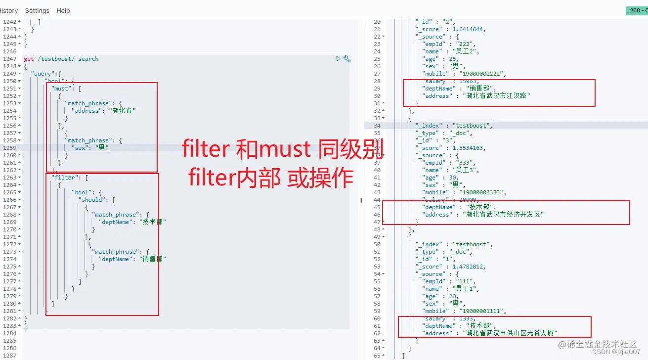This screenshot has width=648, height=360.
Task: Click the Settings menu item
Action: coord(37,10)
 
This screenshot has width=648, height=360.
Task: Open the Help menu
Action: coord(63,10)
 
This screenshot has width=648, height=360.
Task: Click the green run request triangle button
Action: coord(338,59)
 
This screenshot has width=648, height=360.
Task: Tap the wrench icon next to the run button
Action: coord(347,59)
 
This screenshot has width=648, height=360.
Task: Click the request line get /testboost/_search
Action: coord(61,59)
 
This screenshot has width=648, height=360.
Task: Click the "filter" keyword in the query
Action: coord(64,178)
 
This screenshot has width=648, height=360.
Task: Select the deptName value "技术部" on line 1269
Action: coord(153,222)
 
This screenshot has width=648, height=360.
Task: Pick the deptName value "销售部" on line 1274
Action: coord(153,259)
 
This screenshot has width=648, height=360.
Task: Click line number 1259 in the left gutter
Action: coord(9,148)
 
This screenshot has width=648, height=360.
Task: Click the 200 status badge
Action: coord(636,10)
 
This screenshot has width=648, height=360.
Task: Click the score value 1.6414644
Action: coord(469,29)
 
